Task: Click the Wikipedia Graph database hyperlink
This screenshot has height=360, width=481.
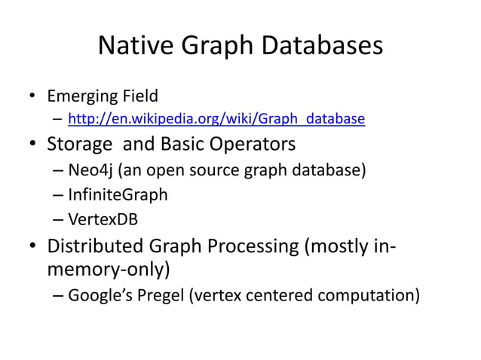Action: pyautogui.click(x=217, y=118)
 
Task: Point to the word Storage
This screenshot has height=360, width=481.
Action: pyautogui.click(x=81, y=143)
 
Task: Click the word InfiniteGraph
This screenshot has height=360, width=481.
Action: pyautogui.click(x=118, y=195)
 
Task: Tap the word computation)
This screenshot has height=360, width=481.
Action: pyautogui.click(x=371, y=294)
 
